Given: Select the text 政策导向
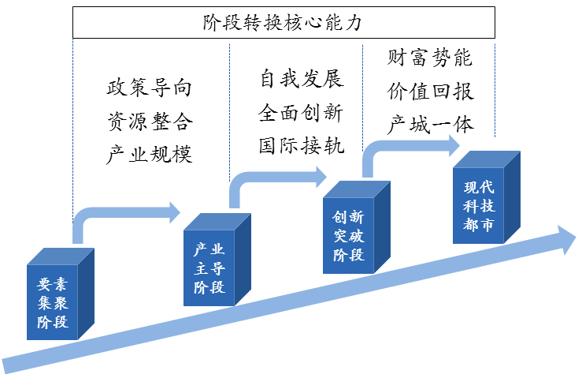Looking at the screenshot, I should point(149,88).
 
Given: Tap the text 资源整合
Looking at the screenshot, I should point(149,121).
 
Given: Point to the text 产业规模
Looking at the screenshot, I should point(149,154).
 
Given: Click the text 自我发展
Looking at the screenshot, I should point(302,80).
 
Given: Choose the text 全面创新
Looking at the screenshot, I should point(302,113).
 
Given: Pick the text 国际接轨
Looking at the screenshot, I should point(302,146).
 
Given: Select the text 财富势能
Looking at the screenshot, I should point(430,58).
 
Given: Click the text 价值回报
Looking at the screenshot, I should point(430,92).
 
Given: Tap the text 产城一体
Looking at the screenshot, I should point(430,125).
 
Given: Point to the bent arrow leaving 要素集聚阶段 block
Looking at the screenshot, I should point(118,211).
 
